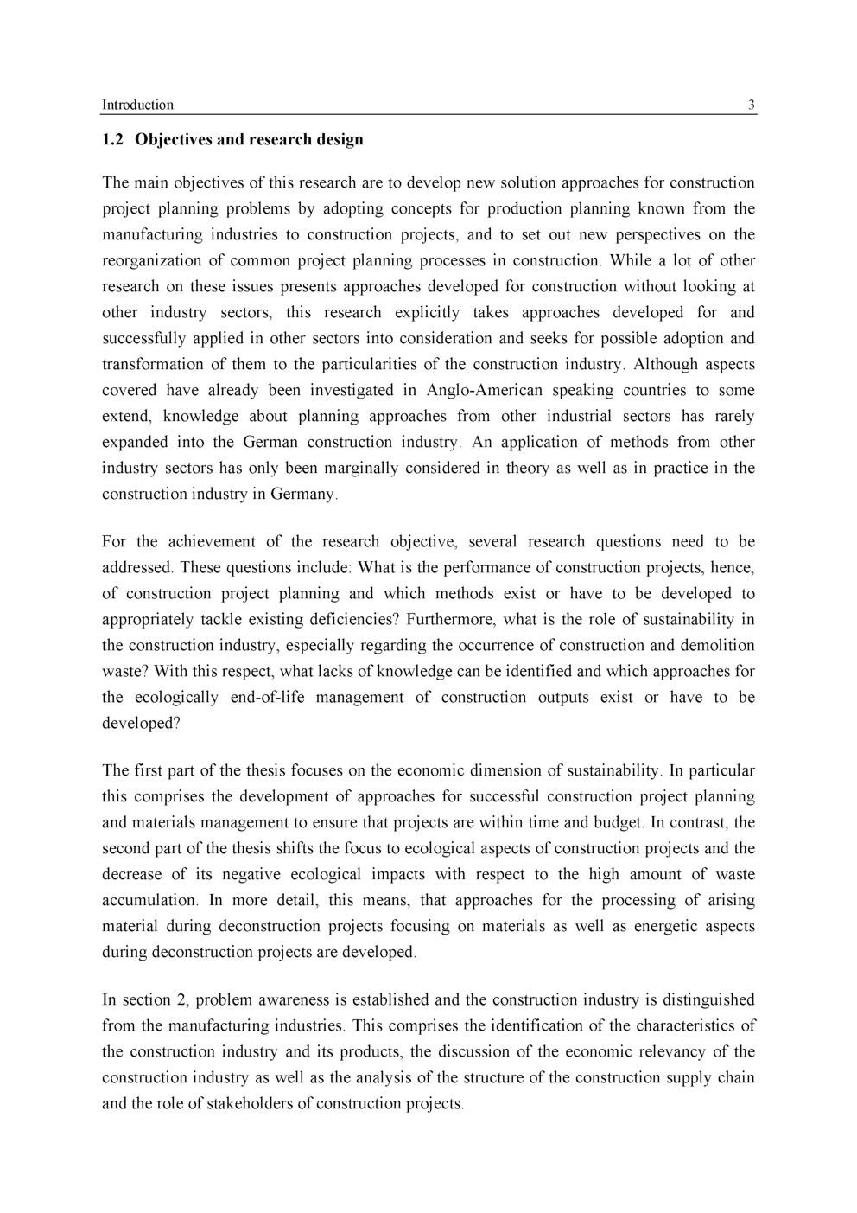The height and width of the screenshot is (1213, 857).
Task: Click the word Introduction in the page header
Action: pos(137,105)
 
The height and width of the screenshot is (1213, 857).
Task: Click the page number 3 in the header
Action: pos(751,105)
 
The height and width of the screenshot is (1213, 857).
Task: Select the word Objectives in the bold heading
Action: pos(176,139)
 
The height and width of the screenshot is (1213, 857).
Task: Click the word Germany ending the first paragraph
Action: pos(304,494)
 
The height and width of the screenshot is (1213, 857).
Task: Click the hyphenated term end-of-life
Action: pos(267,697)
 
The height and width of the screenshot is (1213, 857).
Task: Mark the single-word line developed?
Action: pos(141,723)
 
